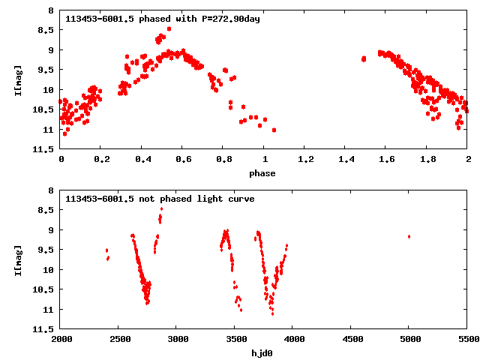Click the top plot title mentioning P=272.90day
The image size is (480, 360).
point(163,19)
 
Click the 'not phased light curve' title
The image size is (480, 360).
point(160,199)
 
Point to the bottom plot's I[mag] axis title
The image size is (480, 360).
point(19,259)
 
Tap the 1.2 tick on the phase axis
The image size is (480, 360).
point(305,160)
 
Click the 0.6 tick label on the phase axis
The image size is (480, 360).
point(183,160)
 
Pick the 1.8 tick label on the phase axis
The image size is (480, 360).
point(427,160)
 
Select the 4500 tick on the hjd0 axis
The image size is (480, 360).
point(351,340)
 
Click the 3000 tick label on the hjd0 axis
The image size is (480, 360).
point(177,340)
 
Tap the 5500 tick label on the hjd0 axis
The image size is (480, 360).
point(467,340)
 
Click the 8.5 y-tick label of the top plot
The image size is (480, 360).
point(46,31)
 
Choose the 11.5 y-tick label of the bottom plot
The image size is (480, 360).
point(43,329)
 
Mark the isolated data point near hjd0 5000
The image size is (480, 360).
point(409,236)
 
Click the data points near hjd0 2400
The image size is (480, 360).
point(107,254)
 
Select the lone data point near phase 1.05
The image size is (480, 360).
point(274,130)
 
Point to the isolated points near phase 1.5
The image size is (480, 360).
point(363,58)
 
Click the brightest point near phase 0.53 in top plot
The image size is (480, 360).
point(169,29)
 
